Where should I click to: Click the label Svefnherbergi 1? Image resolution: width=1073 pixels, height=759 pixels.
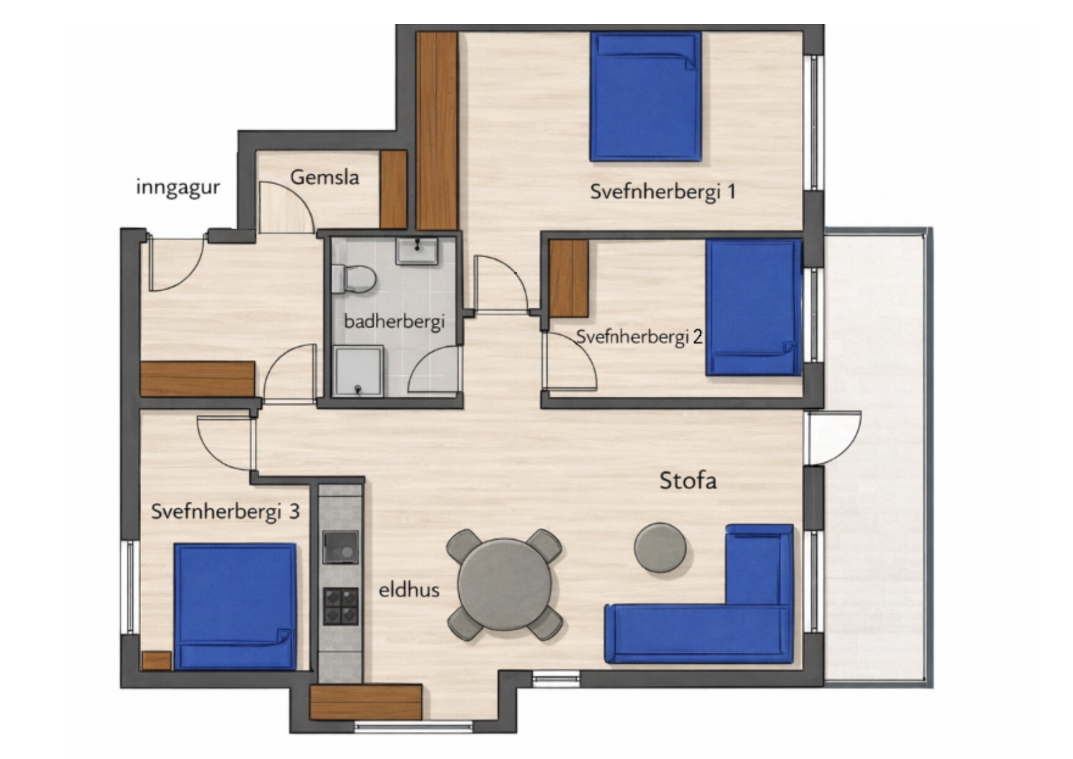663,192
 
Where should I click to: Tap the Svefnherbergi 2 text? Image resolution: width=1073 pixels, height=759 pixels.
639,337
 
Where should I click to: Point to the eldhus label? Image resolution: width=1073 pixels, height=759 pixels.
409,590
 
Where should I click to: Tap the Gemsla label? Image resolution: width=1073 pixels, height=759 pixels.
325,177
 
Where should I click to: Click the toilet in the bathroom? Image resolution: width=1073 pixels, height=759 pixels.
354,279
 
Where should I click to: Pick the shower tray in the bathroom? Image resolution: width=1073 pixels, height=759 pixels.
358,371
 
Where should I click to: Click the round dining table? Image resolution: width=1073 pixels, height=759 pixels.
505,585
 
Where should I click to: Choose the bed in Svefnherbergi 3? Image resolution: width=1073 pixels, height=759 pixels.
235,607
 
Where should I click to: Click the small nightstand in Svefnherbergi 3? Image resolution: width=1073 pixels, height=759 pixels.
157,661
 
